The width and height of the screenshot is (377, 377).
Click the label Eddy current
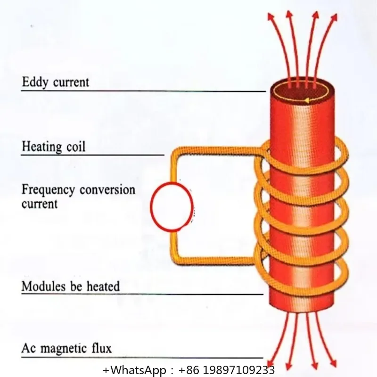tap(55, 82)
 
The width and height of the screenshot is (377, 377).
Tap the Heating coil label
tap(54, 147)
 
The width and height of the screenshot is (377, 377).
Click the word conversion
tap(107, 190)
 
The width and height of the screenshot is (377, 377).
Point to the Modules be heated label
tap(71, 286)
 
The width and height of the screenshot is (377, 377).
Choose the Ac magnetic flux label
tap(67, 349)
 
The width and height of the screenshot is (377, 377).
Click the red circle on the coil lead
tap(172, 206)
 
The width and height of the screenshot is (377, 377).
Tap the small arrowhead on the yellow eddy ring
tap(306, 100)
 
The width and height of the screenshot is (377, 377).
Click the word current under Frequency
tap(40, 204)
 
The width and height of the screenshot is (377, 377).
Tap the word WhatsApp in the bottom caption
tap(132, 369)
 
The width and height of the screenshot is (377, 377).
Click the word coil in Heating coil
tap(75, 147)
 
